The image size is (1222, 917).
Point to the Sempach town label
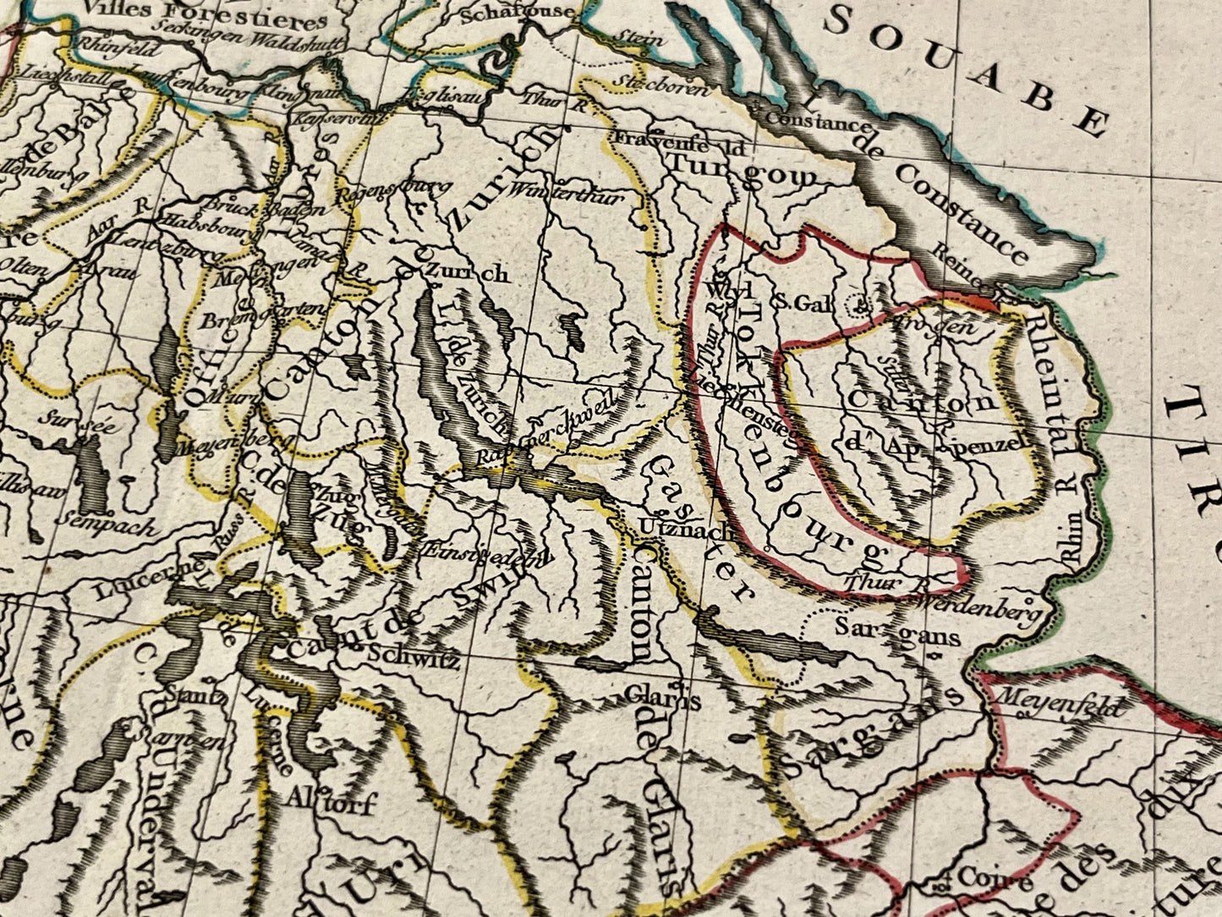click(108, 527)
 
